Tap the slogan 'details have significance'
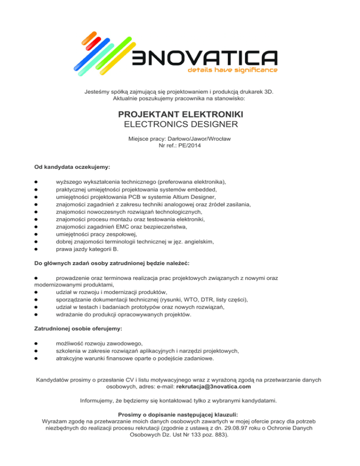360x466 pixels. [232, 70]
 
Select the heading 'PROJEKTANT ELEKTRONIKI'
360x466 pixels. [180, 114]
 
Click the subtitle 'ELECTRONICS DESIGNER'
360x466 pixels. [180, 124]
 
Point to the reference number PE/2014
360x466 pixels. [187, 146]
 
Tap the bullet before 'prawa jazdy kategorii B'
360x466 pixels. [36, 249]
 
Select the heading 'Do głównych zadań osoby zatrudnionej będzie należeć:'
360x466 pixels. [114, 264]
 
